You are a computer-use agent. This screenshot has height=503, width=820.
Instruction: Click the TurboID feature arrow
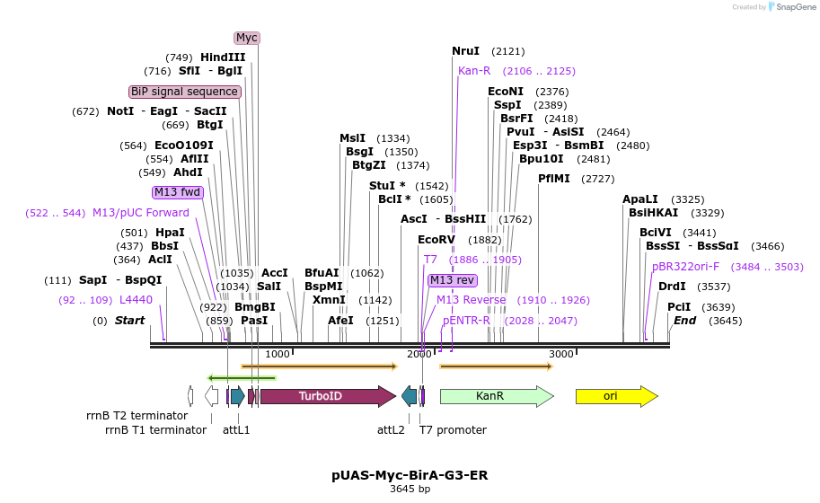[322, 396]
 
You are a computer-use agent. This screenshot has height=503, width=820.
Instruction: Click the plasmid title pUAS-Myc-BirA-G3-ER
[410, 474]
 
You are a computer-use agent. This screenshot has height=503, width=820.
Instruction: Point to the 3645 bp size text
[410, 490]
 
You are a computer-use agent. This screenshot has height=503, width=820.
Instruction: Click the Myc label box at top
[247, 38]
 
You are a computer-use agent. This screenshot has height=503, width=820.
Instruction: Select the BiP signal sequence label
[185, 92]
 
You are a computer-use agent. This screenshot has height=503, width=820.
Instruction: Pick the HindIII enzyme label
[223, 57]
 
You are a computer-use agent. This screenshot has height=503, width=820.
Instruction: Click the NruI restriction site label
[466, 51]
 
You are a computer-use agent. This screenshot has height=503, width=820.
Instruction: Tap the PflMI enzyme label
[554, 179]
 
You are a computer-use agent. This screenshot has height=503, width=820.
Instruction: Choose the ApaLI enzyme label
[640, 199]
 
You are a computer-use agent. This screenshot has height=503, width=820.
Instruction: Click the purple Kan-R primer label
[474, 71]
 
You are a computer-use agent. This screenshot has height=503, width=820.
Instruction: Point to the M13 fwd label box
[178, 192]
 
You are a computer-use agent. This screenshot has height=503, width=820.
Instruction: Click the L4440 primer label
[136, 300]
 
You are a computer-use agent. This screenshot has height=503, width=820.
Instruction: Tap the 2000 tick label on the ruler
[419, 354]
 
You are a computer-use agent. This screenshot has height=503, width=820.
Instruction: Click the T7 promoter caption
[453, 430]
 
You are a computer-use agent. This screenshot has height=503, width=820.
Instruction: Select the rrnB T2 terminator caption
[137, 416]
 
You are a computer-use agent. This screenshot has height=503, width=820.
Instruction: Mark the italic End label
[684, 321]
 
